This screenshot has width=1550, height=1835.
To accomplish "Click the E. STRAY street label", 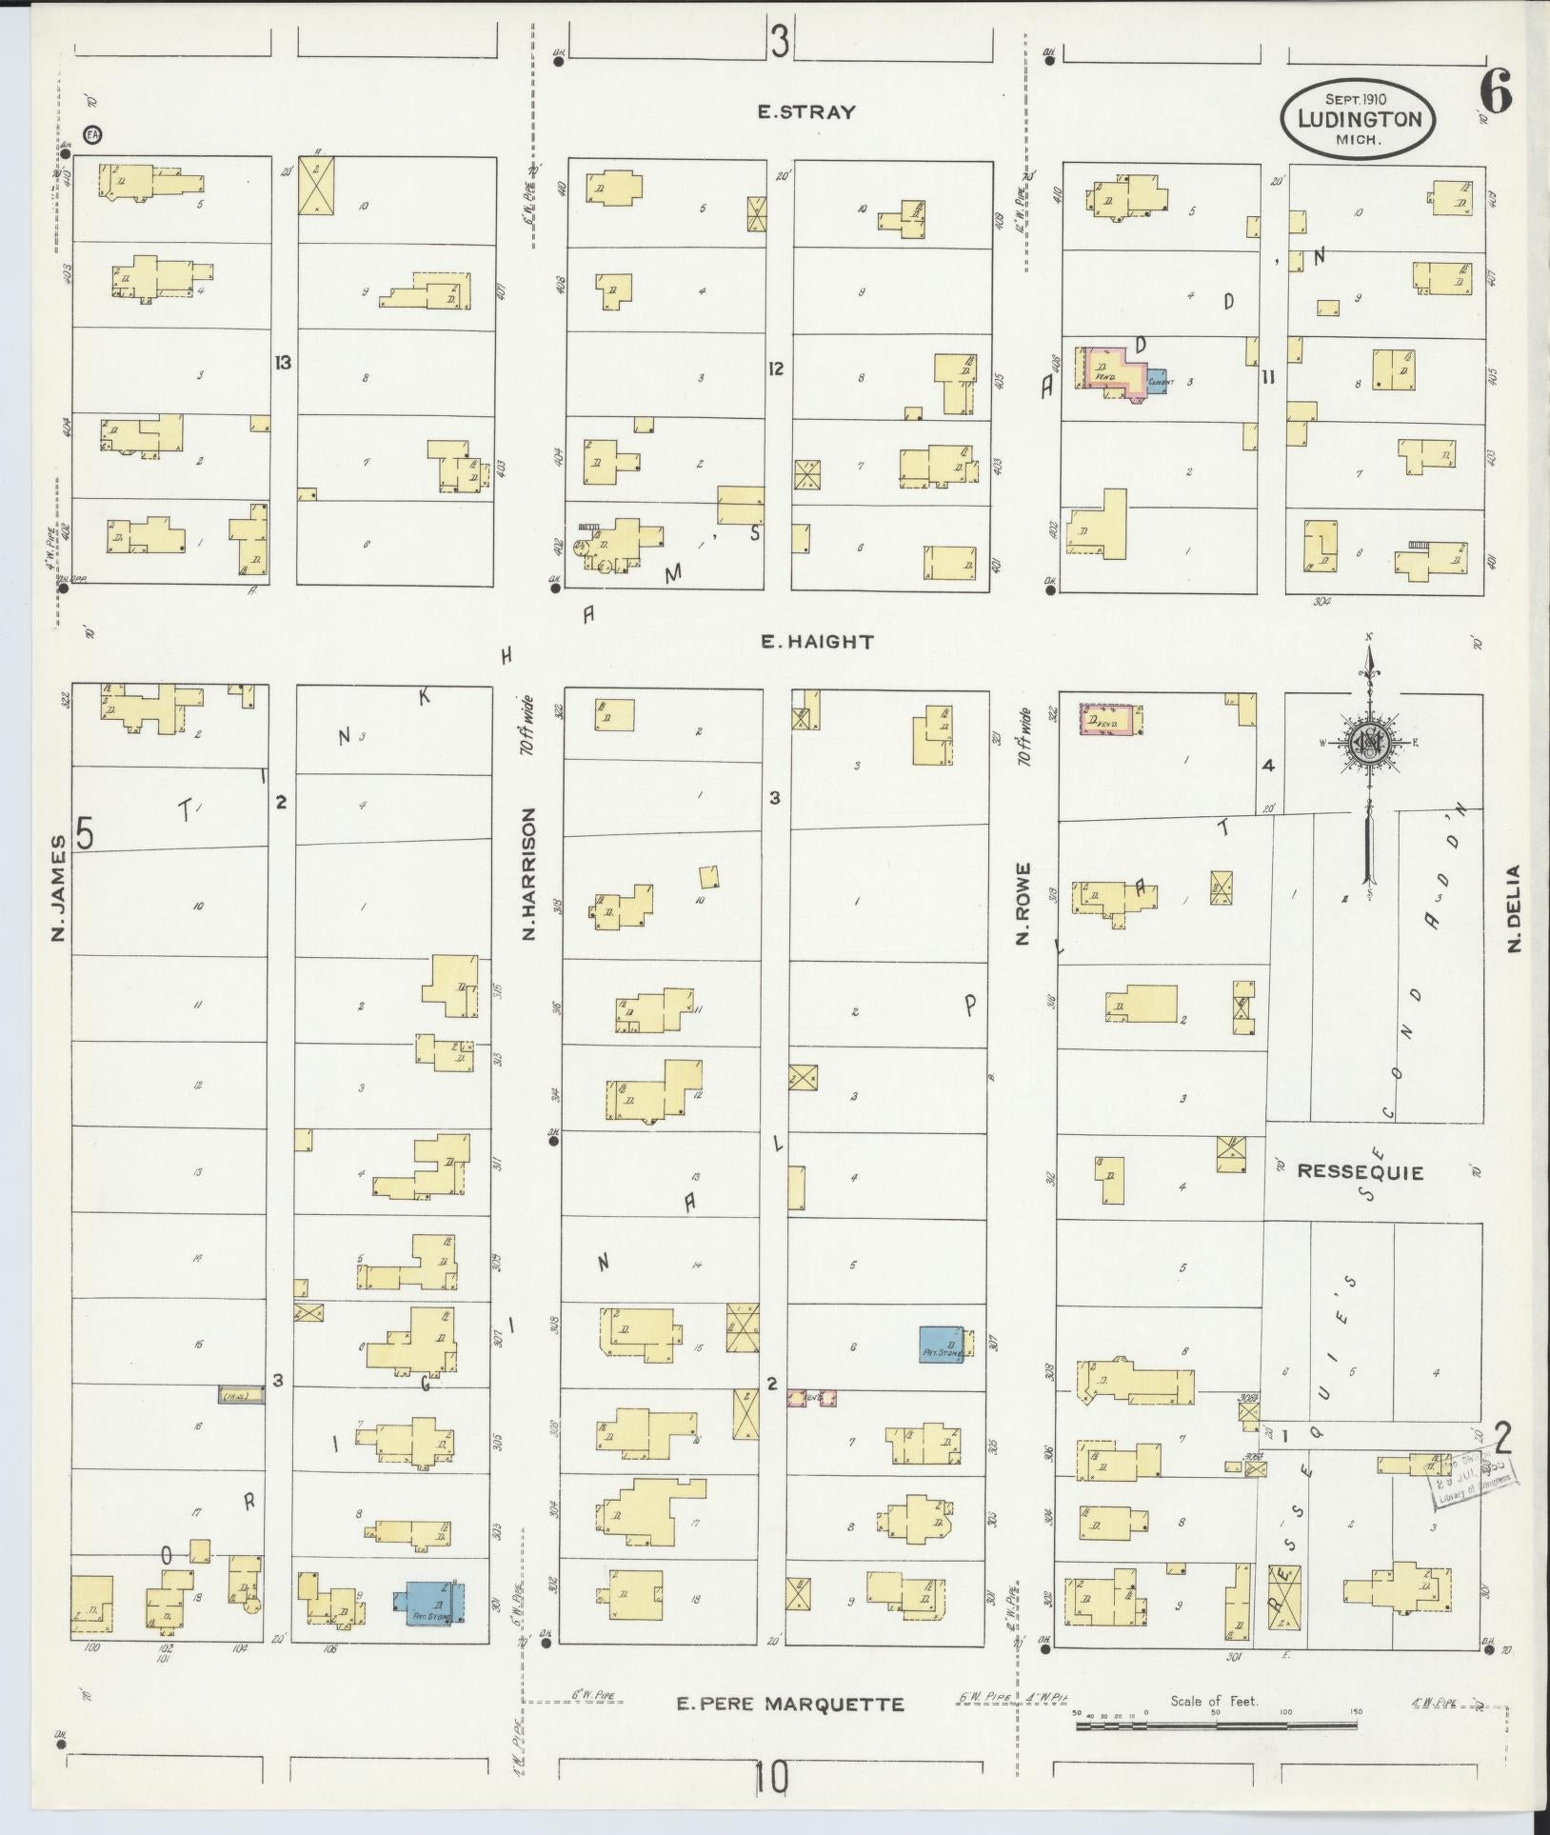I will pyautogui.click(x=805, y=111).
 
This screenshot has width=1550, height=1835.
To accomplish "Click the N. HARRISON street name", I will pyautogui.click(x=530, y=874).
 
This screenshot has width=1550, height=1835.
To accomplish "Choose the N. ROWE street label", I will pyautogui.click(x=1023, y=904).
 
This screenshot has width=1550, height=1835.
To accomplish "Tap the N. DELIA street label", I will pyautogui.click(x=1514, y=907).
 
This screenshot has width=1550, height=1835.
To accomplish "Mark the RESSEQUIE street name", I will pyautogui.click(x=1361, y=1173).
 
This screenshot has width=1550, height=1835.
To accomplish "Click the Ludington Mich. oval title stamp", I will pyautogui.click(x=1357, y=120).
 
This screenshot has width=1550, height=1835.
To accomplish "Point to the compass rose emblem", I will pyautogui.click(x=1368, y=745).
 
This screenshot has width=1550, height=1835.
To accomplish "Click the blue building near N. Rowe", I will pyautogui.click(x=941, y=1343).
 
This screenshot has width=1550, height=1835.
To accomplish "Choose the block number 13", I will pyautogui.click(x=281, y=362).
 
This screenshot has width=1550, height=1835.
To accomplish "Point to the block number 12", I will pyautogui.click(x=776, y=369).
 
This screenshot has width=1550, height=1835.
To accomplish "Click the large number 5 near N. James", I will pyautogui.click(x=86, y=835).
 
